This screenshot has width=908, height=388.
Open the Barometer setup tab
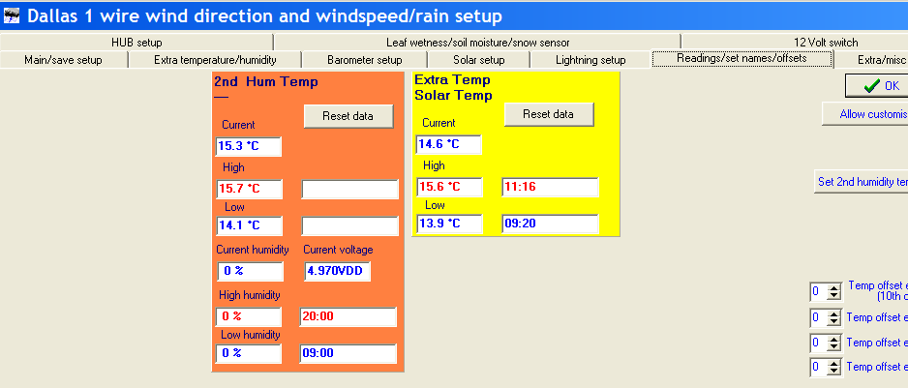point(364,60)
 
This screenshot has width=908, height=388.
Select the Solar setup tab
point(478,60)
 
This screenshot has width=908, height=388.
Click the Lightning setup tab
point(590,60)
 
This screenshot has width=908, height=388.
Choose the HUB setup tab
point(136,43)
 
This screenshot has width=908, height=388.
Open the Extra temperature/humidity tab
point(215,60)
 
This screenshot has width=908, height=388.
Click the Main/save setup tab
point(63,60)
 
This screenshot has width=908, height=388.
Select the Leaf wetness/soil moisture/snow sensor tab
point(477,43)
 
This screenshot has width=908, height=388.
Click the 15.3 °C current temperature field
point(249,146)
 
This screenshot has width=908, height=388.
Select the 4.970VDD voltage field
point(337,271)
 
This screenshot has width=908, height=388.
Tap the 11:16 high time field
point(550,187)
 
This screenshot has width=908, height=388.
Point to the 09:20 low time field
point(550,224)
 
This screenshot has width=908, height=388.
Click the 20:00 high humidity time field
point(348,316)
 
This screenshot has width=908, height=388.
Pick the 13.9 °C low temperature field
point(449,224)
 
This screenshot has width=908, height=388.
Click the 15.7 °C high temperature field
point(249,190)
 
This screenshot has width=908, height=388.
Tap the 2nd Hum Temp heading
point(266,81)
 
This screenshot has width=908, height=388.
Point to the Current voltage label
point(338,250)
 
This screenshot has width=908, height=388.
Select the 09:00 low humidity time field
point(348,353)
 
